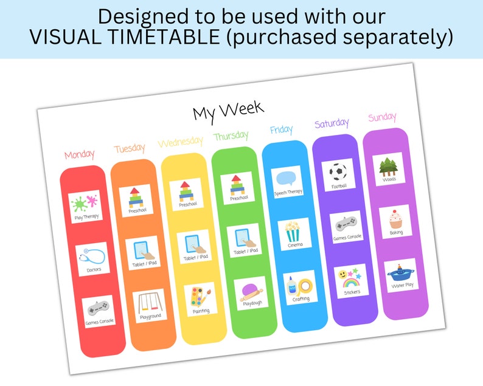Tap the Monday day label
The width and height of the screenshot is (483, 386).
(79, 154)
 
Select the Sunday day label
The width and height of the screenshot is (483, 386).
(382, 117)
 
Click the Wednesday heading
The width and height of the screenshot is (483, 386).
(180, 142)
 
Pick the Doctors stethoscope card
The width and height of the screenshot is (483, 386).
(93, 259)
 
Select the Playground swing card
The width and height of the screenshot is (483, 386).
(150, 305)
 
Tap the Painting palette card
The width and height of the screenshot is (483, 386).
(200, 299)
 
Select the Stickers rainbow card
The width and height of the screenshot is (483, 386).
(350, 280)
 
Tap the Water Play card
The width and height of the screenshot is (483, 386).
(401, 275)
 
